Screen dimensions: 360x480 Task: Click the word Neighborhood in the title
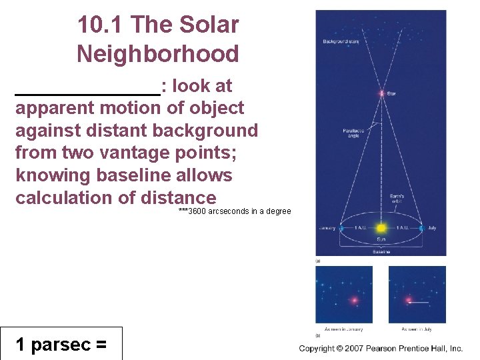click(157, 53)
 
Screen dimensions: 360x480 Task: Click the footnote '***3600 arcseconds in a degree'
click(235, 211)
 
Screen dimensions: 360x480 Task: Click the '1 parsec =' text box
click(61, 344)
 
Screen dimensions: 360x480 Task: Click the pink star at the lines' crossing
click(381, 93)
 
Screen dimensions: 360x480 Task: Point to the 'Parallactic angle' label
click(353, 134)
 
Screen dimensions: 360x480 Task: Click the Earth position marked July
click(421, 228)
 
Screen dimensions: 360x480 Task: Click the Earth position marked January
click(341, 228)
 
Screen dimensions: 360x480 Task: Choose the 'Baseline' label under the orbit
click(381, 252)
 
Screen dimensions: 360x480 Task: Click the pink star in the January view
click(354, 301)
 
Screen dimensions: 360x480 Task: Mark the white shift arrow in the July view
click(418, 301)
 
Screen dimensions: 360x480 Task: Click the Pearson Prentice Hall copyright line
click(381, 349)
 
